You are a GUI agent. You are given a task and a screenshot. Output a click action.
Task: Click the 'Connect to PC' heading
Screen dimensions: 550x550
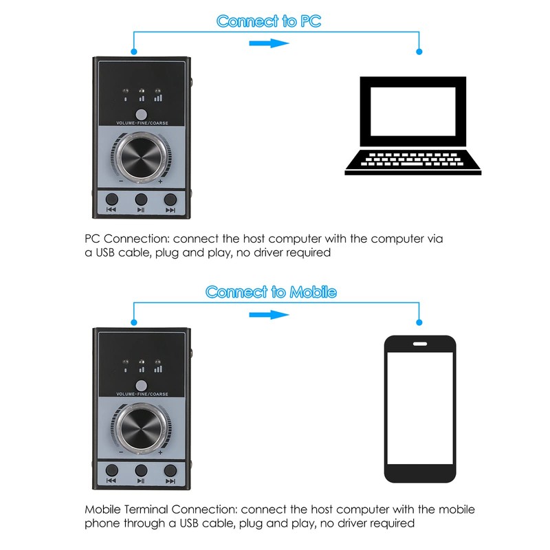(269, 21)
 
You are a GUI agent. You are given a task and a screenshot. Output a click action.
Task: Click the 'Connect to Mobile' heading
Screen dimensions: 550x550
(271, 292)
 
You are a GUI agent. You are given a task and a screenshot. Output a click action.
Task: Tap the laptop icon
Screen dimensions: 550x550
(413, 128)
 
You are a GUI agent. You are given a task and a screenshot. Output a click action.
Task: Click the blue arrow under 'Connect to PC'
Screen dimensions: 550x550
(267, 43)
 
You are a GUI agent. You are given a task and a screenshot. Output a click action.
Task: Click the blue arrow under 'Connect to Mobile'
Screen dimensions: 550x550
(267, 314)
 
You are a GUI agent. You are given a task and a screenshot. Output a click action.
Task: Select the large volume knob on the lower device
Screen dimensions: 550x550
(141, 428)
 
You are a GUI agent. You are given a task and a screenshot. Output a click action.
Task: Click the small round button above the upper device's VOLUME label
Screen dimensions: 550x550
(142, 114)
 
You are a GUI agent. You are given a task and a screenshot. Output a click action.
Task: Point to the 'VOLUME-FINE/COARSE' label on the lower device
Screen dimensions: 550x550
(142, 394)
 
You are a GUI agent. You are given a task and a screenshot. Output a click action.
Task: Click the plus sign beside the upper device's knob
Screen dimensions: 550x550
(160, 182)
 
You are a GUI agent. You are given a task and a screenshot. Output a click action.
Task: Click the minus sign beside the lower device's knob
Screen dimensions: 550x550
(121, 452)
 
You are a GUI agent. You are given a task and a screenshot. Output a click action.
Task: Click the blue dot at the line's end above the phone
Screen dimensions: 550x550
(419, 324)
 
